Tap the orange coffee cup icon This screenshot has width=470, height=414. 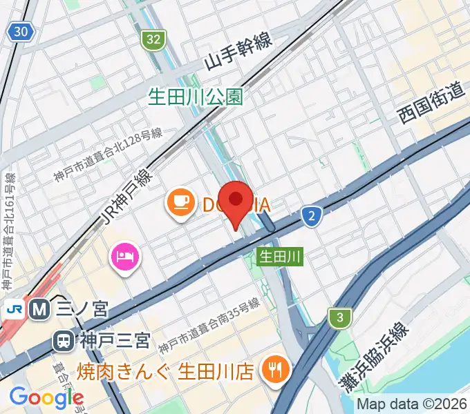pyautogui.click(x=180, y=202)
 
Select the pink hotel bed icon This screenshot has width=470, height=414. pyautogui.click(x=125, y=258)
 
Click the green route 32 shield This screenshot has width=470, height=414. pyautogui.click(x=153, y=40)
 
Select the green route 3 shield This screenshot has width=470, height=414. pyautogui.click(x=339, y=318)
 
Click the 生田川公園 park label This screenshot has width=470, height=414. pyautogui.click(x=196, y=97)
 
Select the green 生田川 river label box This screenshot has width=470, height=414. pyautogui.click(x=280, y=257)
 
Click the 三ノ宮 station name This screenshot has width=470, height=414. pyautogui.click(x=82, y=309)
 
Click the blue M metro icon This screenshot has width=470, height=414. pyautogui.click(x=40, y=309)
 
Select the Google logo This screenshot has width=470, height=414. pyautogui.click(x=46, y=397)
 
